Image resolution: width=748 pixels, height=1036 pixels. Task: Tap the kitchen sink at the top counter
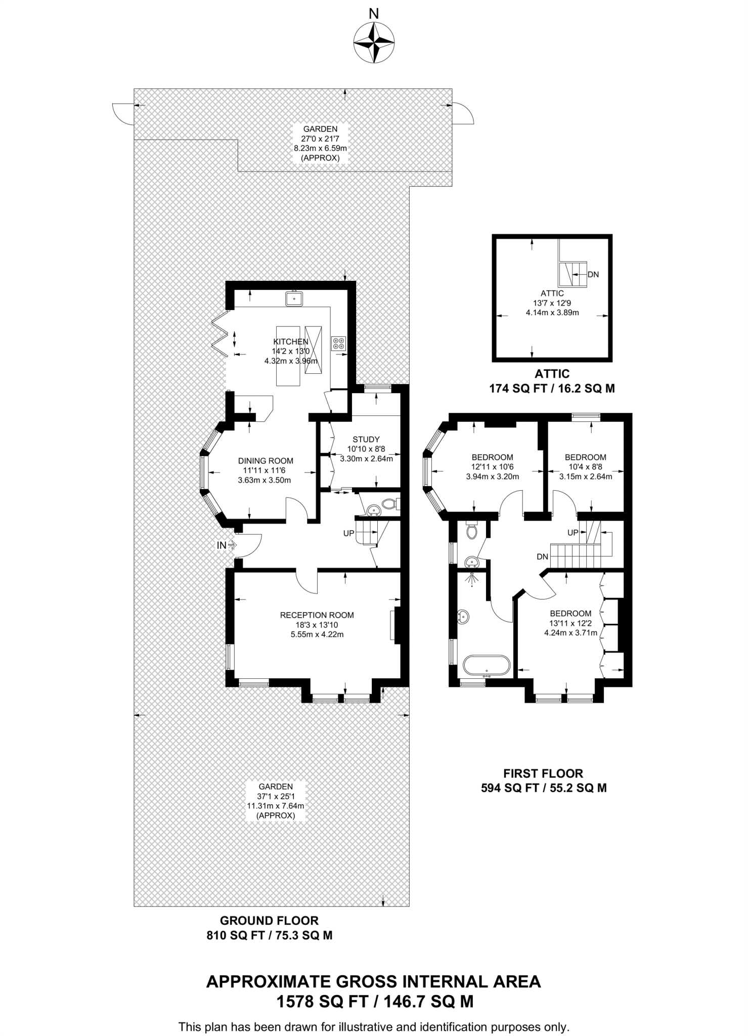click(294, 298)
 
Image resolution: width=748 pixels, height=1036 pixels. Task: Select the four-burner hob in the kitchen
click(338, 343)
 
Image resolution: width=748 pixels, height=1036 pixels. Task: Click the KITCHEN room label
click(291, 342)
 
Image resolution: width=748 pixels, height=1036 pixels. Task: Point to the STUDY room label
click(366, 439)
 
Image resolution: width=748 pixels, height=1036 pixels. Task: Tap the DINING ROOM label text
click(266, 461)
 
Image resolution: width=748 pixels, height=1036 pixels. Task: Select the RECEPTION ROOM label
click(317, 615)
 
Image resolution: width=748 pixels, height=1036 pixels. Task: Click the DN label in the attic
click(593, 275)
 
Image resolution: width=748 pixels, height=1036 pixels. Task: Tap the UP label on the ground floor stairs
click(349, 533)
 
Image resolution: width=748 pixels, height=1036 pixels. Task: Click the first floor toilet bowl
click(472, 531)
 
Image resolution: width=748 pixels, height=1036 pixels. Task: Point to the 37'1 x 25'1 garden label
click(276, 801)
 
